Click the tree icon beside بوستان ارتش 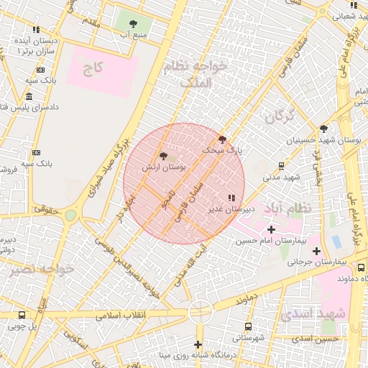point(164,155)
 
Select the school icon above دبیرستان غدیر point(230,198)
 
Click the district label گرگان point(279,116)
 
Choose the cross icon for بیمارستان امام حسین point(271,229)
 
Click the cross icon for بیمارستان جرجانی point(316,251)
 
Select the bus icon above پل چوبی point(22,315)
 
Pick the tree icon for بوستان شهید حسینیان point(324,129)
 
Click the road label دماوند point(244,297)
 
